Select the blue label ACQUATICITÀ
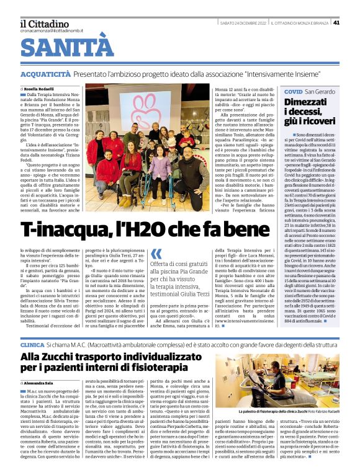[45, 74]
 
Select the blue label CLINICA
[32, 344]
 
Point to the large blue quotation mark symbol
[156, 254]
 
